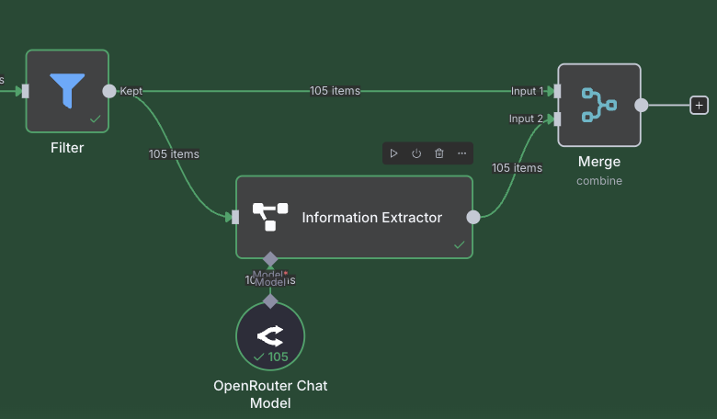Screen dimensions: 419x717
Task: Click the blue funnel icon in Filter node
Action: pyautogui.click(x=67, y=90)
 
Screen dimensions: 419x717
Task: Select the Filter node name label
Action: pyautogui.click(x=67, y=147)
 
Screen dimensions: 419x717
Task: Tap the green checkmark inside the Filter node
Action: pyautogui.click(x=95, y=119)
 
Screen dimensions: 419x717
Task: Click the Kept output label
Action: pyautogui.click(x=131, y=91)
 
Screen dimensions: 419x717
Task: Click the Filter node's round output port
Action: pyautogui.click(x=109, y=91)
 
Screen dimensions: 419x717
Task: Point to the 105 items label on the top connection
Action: pyautogui.click(x=335, y=91)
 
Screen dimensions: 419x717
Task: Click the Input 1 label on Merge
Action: pyautogui.click(x=527, y=91)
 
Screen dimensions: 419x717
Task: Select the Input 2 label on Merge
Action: pyautogui.click(x=527, y=119)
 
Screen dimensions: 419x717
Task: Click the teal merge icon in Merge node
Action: pyautogui.click(x=598, y=105)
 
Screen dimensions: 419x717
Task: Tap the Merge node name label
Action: pyautogui.click(x=599, y=162)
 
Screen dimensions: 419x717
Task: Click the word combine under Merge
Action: pyautogui.click(x=599, y=181)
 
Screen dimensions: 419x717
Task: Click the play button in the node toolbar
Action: pyautogui.click(x=393, y=153)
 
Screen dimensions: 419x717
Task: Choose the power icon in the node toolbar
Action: pyautogui.click(x=416, y=153)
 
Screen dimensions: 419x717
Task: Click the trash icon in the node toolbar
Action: pyautogui.click(x=439, y=153)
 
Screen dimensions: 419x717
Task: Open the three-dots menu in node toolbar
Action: pyautogui.click(x=462, y=153)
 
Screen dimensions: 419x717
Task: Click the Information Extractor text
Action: pyautogui.click(x=372, y=218)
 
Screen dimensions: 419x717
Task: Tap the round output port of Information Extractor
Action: pyautogui.click(x=473, y=218)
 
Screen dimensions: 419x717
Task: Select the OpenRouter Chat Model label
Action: pyautogui.click(x=270, y=394)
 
